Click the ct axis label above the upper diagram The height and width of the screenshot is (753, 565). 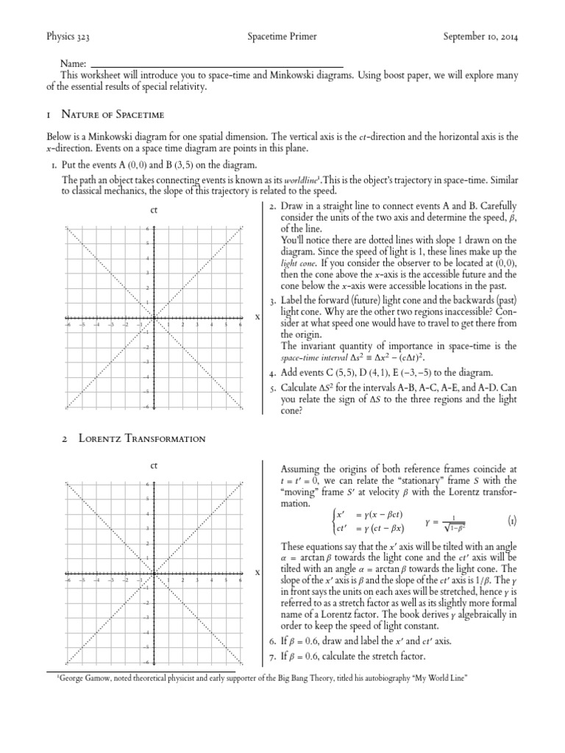[x=154, y=211]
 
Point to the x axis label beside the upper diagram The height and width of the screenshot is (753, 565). [x=257, y=317]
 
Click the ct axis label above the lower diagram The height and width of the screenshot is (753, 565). [x=154, y=465]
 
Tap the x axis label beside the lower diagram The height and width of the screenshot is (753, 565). [x=257, y=571]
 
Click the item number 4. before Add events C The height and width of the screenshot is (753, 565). [x=271, y=373]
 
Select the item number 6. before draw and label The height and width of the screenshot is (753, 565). [x=271, y=640]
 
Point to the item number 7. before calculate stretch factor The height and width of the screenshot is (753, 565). [x=271, y=655]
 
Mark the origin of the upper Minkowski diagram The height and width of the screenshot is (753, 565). [x=154, y=318]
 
